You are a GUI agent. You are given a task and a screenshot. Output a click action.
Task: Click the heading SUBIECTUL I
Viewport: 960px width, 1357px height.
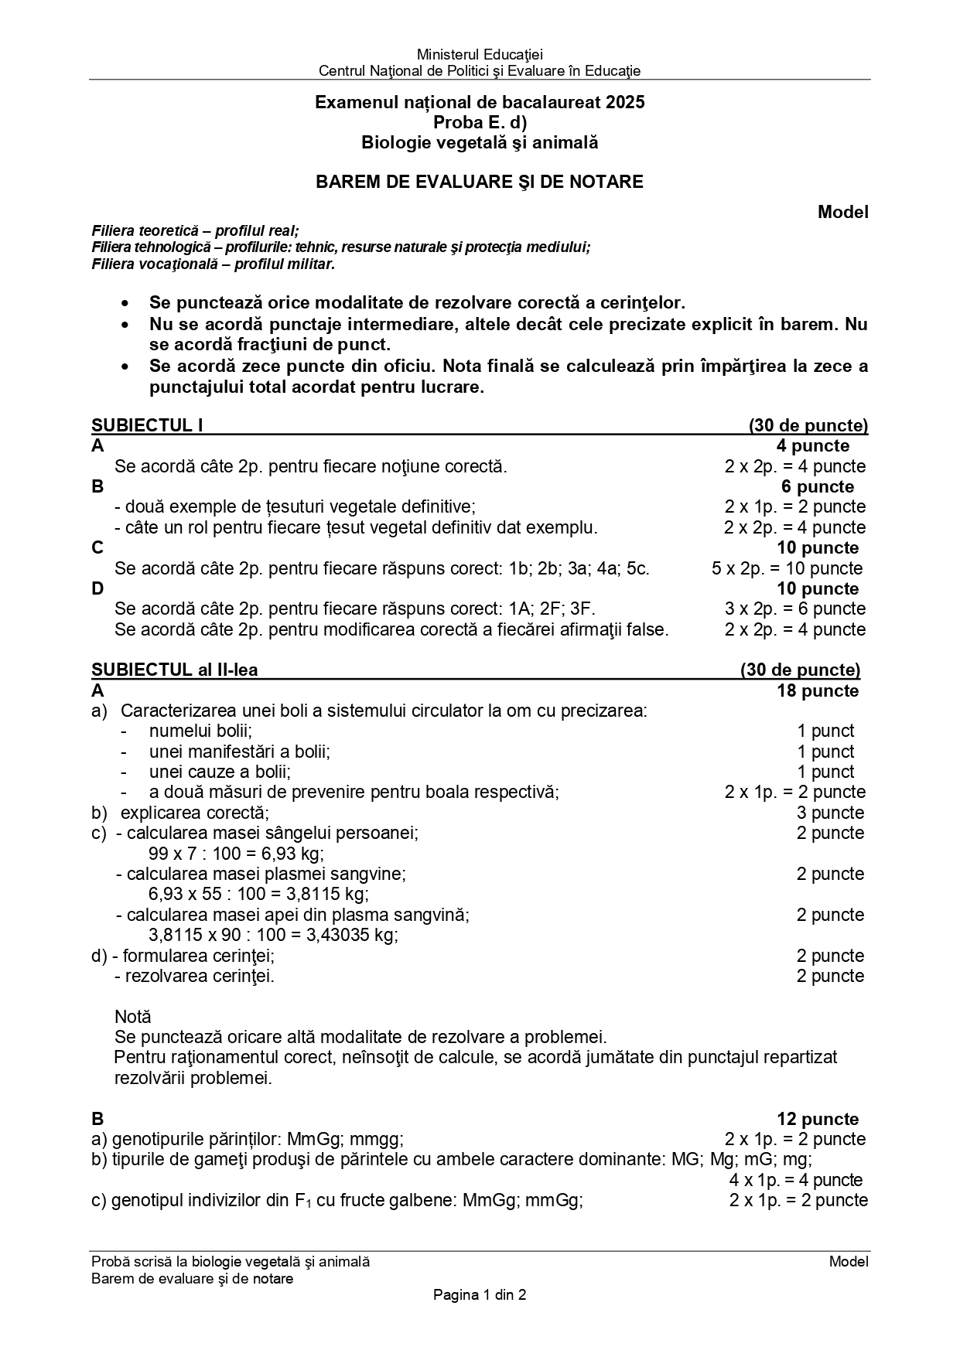(147, 425)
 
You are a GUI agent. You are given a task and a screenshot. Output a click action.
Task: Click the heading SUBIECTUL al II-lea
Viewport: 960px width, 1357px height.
(175, 670)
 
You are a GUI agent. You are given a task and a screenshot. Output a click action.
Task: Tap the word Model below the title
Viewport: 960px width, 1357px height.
(843, 212)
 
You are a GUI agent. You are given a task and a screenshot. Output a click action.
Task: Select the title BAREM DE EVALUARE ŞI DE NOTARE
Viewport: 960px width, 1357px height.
(480, 182)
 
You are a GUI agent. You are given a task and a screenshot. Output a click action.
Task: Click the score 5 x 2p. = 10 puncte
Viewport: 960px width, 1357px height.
(787, 568)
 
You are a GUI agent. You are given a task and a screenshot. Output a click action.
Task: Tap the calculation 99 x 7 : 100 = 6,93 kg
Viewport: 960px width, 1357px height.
(236, 854)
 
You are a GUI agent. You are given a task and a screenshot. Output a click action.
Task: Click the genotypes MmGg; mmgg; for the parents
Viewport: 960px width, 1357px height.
(345, 1139)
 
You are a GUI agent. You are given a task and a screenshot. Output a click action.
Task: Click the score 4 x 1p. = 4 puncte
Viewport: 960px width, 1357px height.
(796, 1180)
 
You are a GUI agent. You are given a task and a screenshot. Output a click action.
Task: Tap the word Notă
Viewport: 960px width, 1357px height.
(133, 1017)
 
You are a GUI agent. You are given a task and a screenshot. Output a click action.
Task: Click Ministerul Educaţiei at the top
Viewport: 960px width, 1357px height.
(480, 54)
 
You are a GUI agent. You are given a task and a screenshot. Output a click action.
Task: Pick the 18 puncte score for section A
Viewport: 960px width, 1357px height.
(818, 690)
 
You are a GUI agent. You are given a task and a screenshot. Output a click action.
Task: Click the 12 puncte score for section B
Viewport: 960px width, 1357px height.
(818, 1119)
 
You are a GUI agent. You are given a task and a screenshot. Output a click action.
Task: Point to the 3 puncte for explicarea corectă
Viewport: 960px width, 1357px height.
(830, 813)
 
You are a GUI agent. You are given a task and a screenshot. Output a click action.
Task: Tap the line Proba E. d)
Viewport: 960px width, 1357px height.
(480, 122)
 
